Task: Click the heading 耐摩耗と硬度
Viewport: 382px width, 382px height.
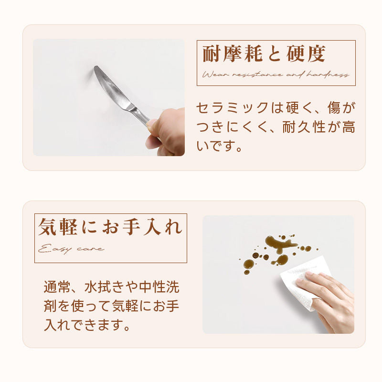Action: tap(264, 53)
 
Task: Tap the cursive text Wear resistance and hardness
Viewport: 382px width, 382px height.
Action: tap(276, 74)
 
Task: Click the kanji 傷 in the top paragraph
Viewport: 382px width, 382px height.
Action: tap(334, 107)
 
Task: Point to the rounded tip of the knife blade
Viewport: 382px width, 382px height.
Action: tap(96, 67)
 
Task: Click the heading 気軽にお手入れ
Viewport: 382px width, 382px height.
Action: tap(110, 227)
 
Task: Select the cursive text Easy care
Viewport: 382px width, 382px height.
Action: tap(71, 249)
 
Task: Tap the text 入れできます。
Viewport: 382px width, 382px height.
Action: tap(87, 325)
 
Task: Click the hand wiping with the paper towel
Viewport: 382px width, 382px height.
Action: tap(328, 300)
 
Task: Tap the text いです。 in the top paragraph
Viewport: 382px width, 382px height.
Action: tap(219, 146)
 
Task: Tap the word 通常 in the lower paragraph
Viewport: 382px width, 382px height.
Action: tap(57, 287)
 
